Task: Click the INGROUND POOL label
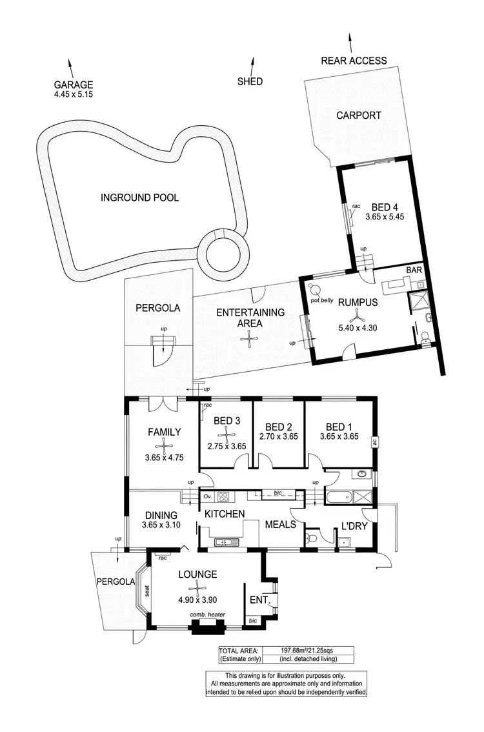click(139, 198)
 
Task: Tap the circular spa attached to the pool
click(223, 251)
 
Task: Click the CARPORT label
click(358, 116)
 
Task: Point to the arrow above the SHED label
click(252, 65)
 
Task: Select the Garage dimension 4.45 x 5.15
click(74, 95)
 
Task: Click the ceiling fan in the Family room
click(165, 445)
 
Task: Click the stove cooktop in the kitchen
click(223, 497)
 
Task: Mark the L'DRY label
click(354, 526)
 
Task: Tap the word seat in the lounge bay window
click(147, 590)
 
